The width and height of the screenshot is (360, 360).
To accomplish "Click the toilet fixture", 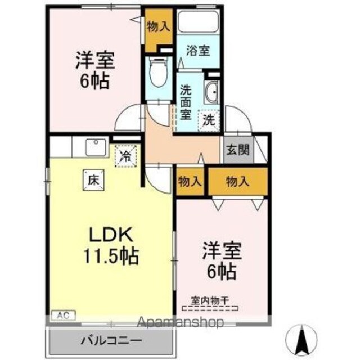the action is click(159, 71).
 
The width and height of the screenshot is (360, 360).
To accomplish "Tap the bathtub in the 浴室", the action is click(198, 22).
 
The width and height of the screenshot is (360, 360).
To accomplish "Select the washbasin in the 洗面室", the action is click(211, 92).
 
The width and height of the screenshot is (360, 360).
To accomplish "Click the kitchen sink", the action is click(97, 147).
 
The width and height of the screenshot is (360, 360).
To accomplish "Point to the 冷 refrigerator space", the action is click(125, 156).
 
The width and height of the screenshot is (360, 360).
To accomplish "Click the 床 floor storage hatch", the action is click(93, 180).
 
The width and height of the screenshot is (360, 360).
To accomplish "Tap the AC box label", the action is click(63, 315).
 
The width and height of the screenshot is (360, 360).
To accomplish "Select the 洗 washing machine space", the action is click(209, 120).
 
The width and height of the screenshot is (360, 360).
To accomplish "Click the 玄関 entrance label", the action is click(238, 150).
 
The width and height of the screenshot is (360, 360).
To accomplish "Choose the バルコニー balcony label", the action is click(111, 340).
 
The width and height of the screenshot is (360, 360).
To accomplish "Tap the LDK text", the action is click(111, 234).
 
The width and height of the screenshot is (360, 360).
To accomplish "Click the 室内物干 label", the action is click(210, 300).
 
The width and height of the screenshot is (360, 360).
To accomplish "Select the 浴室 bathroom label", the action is click(198, 51).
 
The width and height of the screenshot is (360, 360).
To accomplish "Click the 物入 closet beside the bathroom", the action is click(159, 29).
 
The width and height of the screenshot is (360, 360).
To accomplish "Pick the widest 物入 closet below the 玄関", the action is click(238, 182).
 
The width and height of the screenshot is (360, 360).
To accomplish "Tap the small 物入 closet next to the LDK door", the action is click(190, 182).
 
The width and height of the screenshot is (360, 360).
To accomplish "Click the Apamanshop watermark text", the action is click(181, 322).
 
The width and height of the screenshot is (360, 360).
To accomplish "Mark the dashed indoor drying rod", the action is click(210, 308).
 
